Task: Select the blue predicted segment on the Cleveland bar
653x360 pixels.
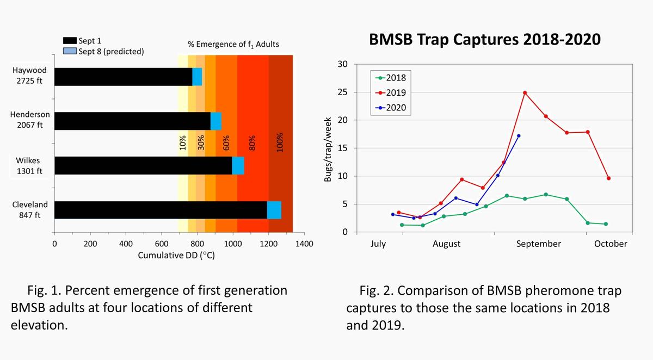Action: tap(274, 210)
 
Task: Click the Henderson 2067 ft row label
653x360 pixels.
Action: tap(30, 121)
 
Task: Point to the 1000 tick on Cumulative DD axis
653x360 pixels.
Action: tap(233, 244)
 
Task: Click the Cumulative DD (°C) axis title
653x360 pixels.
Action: tap(176, 256)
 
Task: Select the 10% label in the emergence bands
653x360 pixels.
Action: tap(183, 142)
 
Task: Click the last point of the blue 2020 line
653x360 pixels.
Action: tap(519, 136)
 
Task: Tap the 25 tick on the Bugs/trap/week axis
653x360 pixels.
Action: tap(343, 92)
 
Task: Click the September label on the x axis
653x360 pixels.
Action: tap(538, 244)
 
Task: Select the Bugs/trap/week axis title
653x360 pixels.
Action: tap(329, 149)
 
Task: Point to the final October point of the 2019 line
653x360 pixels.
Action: tap(608, 178)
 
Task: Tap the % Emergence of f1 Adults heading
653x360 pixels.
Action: tap(233, 44)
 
